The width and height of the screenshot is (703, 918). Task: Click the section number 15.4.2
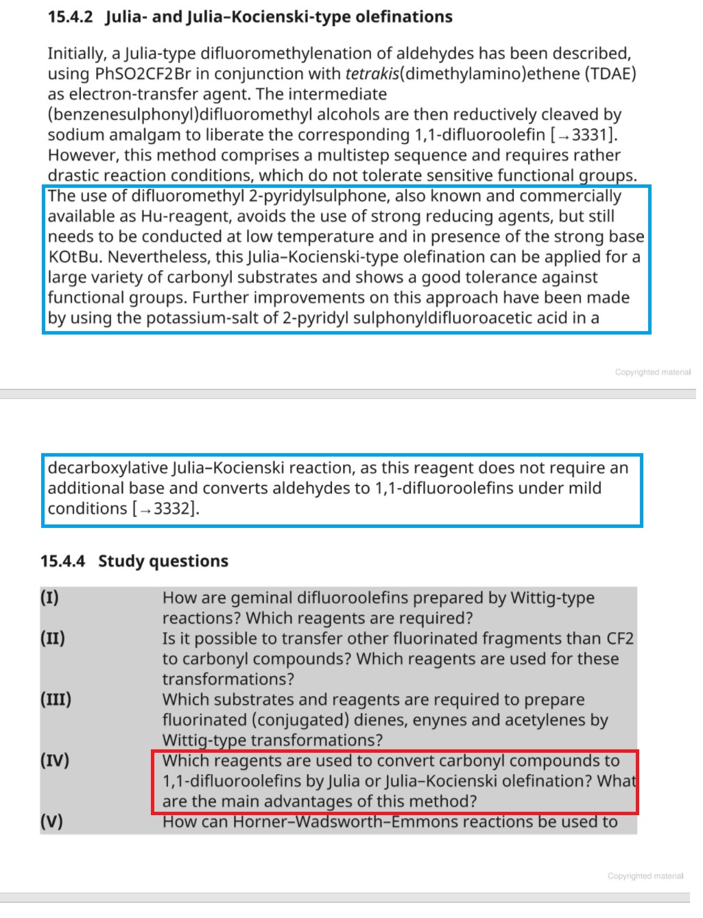point(70,16)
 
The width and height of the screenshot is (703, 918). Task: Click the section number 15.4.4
point(62,561)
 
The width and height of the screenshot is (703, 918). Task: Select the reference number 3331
point(587,134)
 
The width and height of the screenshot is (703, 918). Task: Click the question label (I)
point(49,598)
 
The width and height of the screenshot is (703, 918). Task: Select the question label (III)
point(56,700)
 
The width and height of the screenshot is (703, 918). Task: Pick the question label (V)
point(51,822)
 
